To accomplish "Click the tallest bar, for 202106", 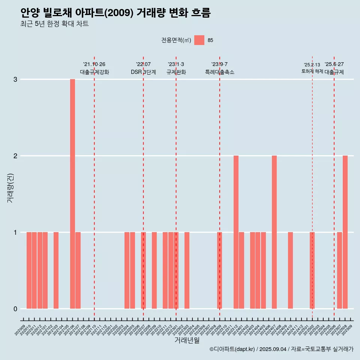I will [x=72, y=194].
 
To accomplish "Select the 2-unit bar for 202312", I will [x=236, y=232].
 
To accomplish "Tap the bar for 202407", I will [x=274, y=232].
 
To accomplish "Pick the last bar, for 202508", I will [x=345, y=232].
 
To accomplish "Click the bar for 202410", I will [x=291, y=270].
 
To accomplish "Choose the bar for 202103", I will [x=56, y=270].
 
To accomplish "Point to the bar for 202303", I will [x=187, y=270].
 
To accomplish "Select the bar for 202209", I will [x=154, y=270].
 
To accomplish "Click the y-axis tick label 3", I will [x=15, y=79].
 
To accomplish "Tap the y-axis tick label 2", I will [x=15, y=156].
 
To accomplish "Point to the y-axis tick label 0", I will [x=15, y=309].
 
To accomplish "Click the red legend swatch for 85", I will [x=199, y=40].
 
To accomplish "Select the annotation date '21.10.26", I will [x=94, y=64].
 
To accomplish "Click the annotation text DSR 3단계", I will [x=143, y=72].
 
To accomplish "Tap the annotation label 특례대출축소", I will [x=220, y=72].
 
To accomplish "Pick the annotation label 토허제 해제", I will [x=312, y=71].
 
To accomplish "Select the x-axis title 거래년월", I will [x=187, y=340].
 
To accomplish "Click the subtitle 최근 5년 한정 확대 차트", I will [x=55, y=24].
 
